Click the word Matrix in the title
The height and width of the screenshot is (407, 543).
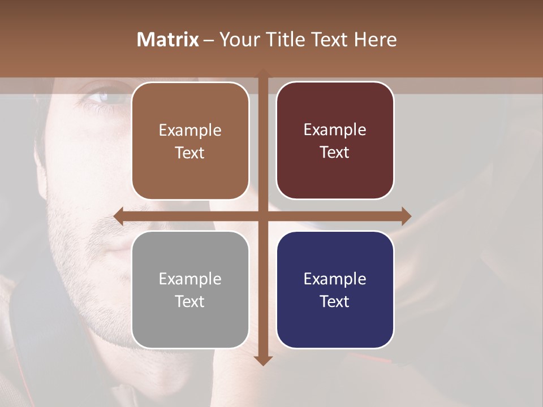coord(168,40)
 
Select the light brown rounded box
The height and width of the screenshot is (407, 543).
coord(190,141)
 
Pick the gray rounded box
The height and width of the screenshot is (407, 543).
coord(190,289)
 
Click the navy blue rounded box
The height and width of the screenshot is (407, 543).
coord(335,289)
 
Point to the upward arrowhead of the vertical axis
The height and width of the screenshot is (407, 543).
coord(262,73)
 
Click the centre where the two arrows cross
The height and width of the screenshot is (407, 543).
coord(262,216)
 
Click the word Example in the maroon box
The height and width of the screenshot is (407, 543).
coord(335,130)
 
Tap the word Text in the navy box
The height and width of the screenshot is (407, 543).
coord(335,301)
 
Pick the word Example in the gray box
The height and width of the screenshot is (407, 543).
coord(190,279)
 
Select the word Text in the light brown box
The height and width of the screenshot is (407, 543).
coord(190,153)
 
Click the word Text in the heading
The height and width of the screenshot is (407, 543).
coord(327,40)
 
